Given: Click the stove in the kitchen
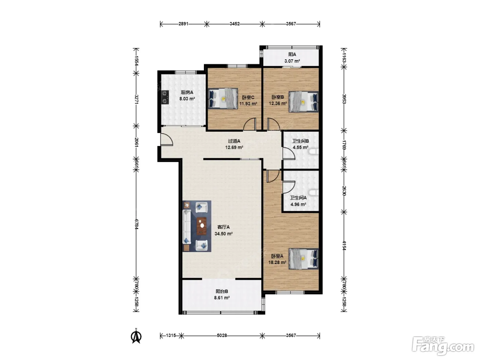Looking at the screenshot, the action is click(165, 97).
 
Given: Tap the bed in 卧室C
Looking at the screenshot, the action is click(223, 98).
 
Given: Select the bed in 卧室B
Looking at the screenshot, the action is click(303, 101).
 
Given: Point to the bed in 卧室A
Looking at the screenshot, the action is click(303, 259).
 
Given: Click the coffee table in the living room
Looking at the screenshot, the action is click(202, 226).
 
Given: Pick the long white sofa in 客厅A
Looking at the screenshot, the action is click(187, 227).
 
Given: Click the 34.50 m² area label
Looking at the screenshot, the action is click(223, 234).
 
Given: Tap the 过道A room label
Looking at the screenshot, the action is click(234, 141).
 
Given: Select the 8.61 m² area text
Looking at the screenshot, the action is click(222, 298).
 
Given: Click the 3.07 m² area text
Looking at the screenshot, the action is click(292, 61).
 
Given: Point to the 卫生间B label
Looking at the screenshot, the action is click(300, 141).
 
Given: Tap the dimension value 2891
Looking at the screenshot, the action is click(183, 24).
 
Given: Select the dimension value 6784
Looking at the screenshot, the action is click(136, 224).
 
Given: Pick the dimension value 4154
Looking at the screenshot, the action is click(344, 245).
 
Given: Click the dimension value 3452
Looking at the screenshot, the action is click(235, 24).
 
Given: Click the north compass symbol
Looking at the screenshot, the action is click(136, 337).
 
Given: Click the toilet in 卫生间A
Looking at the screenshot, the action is click(314, 193).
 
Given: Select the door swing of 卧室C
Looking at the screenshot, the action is click(250, 124).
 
